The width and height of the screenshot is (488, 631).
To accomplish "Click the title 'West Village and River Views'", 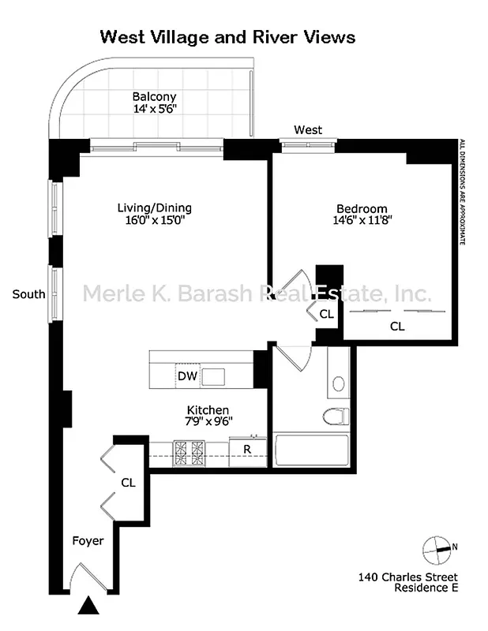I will (x=227, y=37).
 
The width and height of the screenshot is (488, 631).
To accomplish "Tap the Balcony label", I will (x=154, y=97).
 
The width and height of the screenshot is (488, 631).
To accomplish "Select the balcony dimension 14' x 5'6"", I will (x=154, y=110).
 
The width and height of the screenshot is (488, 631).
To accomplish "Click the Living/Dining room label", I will (x=154, y=208).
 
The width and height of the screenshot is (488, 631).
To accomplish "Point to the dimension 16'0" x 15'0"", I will (x=154, y=222).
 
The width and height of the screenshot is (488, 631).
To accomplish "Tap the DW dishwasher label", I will (x=186, y=376).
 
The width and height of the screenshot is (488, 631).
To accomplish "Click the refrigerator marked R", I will (x=247, y=450).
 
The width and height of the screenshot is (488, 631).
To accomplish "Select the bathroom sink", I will (x=339, y=384).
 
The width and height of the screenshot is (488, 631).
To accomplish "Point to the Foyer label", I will (x=88, y=541).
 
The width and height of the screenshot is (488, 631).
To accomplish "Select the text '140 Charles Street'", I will (x=407, y=577).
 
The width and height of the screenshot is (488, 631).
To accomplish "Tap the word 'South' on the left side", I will (x=28, y=295).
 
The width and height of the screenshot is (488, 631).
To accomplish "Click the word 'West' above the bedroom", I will (x=308, y=129).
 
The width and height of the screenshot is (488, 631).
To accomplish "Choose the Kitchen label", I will (x=208, y=410).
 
